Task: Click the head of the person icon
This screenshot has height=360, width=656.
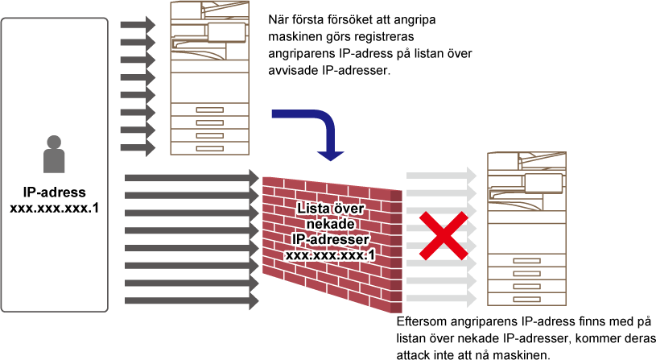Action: click(54, 142)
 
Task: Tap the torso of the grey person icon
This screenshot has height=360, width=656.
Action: click(54, 161)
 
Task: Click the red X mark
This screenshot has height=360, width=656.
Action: click(443, 236)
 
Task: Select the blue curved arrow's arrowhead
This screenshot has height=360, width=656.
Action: click(330, 154)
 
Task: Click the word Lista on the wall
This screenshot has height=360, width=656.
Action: click(313, 209)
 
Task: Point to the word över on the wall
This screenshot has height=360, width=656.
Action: click(349, 209)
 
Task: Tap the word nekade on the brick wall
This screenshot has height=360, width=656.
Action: click(331, 224)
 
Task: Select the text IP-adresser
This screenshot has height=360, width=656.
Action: click(331, 239)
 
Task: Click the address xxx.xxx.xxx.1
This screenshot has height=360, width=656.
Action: click(331, 254)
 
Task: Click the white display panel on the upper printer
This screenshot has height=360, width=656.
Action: click(226, 32)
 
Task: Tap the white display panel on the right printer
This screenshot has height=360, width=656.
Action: click(543, 183)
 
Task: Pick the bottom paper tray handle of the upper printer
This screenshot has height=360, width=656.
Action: click(209, 148)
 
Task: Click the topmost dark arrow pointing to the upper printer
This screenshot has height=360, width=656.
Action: click(138, 24)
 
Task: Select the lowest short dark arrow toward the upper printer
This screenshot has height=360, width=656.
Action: click(138, 147)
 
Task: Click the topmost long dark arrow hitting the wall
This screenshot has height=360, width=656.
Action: click(192, 177)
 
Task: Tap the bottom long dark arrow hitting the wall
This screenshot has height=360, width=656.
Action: click(192, 300)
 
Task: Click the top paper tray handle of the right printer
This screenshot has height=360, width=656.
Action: click(526, 260)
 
